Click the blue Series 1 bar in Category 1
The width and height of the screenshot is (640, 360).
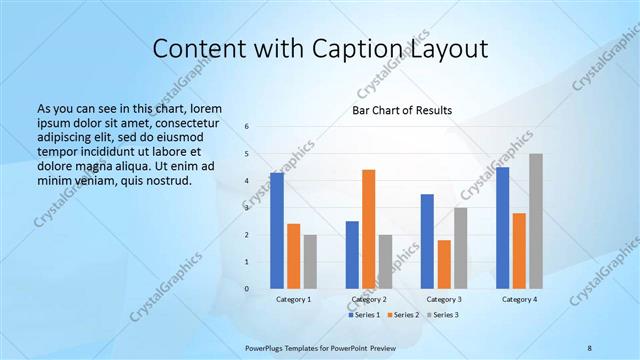pyautogui.click(x=276, y=231)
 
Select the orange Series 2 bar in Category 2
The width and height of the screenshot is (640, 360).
pyautogui.click(x=368, y=229)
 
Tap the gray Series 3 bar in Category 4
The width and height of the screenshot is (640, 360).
pyautogui.click(x=536, y=221)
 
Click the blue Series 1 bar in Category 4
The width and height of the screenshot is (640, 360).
pyautogui.click(x=502, y=228)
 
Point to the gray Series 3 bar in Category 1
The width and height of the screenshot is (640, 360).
pyautogui.click(x=310, y=262)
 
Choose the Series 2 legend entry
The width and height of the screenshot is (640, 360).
pyautogui.click(x=403, y=315)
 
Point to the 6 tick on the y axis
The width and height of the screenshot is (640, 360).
pyautogui.click(x=247, y=127)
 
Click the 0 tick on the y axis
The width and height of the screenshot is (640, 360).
pyautogui.click(x=247, y=289)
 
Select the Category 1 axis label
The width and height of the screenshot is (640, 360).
pyautogui.click(x=293, y=299)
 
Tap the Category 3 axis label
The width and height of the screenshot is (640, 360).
pyautogui.click(x=443, y=299)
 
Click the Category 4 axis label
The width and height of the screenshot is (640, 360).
pyautogui.click(x=519, y=299)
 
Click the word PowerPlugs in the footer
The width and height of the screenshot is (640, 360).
pyautogui.click(x=268, y=347)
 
